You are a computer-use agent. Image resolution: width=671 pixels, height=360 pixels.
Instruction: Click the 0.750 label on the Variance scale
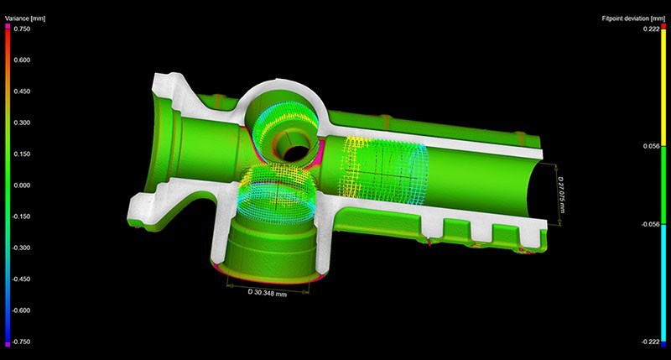pos(22,29)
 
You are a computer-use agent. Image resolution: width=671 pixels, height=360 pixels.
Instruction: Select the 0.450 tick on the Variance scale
pos(22,91)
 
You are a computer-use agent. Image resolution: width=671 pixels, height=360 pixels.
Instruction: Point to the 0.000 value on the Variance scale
pos(22,185)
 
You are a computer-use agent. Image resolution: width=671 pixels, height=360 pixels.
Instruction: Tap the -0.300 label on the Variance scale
pos(21,248)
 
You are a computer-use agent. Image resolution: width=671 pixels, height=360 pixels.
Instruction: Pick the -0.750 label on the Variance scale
pos(21,342)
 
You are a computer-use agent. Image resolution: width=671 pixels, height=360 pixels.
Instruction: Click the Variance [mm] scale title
pos(25,18)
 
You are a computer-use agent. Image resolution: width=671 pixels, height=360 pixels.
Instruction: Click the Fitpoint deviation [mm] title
pos(633,18)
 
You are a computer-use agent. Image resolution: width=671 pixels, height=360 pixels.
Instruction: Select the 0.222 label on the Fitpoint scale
pos(652,29)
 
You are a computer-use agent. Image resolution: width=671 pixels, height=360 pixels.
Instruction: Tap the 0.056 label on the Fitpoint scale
pos(652,146)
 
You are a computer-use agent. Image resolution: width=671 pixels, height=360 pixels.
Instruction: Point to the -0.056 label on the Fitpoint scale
pos(651,224)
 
